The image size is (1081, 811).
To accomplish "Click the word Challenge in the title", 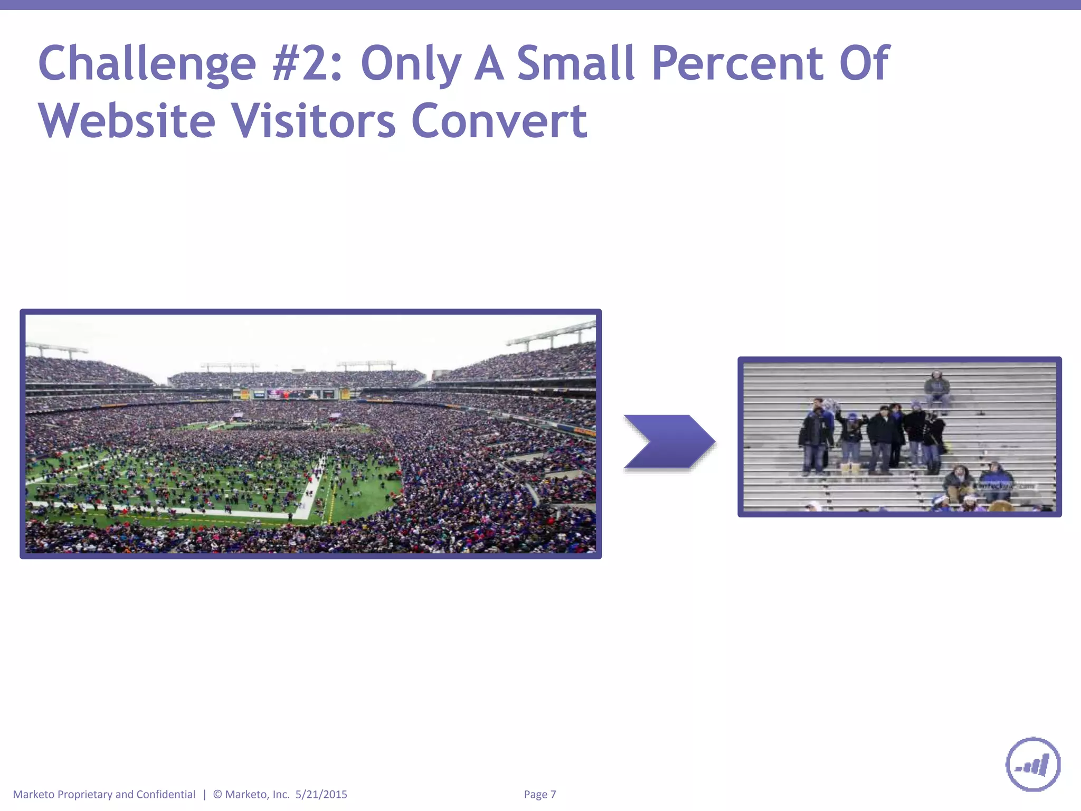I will click(147, 64).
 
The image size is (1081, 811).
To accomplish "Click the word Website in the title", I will click(127, 121).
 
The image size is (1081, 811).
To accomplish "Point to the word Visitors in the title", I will click(314, 121).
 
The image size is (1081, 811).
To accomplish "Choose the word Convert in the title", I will click(499, 121).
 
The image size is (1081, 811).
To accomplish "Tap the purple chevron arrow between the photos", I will click(669, 442).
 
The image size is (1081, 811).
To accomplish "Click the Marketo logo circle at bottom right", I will click(1033, 764).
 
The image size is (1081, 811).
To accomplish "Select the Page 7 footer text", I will click(539, 794).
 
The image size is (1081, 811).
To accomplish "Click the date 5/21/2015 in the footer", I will click(321, 794).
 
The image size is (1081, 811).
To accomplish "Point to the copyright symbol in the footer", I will click(217, 794).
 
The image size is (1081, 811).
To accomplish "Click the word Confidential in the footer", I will click(166, 794).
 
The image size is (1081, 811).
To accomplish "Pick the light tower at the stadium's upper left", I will click(55, 350).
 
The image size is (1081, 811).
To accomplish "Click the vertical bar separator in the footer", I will click(204, 794).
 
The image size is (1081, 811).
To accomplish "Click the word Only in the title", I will click(411, 64).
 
